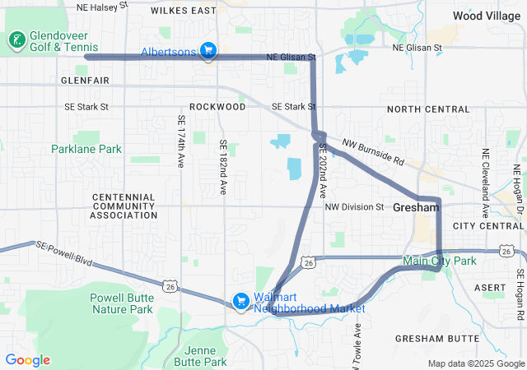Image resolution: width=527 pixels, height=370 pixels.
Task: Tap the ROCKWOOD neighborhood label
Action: click(x=217, y=107)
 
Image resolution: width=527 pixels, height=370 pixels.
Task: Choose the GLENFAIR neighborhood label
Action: click(x=86, y=81)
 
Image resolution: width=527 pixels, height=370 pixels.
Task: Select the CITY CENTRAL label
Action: click(x=488, y=225)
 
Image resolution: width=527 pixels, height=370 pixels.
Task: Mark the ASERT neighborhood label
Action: click(x=492, y=287)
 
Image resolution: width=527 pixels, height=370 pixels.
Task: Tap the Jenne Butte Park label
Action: click(x=202, y=356)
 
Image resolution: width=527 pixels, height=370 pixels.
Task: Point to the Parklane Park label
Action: click(x=86, y=149)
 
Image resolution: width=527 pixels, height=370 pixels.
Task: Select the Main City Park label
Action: click(x=440, y=261)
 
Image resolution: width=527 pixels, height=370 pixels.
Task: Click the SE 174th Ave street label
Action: click(x=181, y=142)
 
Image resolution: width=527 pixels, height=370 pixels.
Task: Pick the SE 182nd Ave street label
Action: click(x=222, y=167)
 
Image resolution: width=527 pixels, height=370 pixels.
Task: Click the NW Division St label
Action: click(x=354, y=207)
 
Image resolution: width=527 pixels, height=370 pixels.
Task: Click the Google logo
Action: click(x=28, y=360)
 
